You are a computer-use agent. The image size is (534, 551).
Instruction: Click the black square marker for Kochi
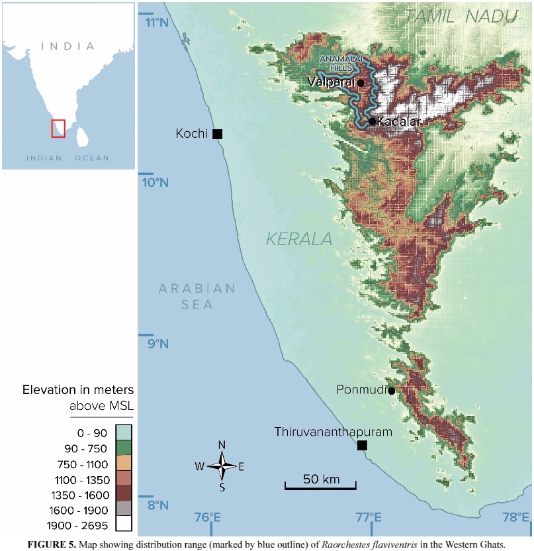[217, 134]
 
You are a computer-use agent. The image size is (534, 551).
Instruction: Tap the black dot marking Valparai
[361, 83]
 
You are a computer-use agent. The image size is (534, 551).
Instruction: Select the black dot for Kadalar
[373, 121]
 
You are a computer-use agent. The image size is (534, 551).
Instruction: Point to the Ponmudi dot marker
[391, 391]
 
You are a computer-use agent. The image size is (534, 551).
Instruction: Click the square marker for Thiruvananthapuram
[362, 445]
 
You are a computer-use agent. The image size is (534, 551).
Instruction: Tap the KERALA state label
[299, 239]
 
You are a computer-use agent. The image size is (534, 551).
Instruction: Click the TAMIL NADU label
[461, 17]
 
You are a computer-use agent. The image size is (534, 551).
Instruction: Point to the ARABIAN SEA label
[197, 296]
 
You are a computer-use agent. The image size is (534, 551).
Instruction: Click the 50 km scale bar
[320, 487]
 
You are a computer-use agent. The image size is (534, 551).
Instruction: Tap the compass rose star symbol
[222, 466]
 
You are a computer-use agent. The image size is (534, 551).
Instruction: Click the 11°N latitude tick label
[157, 23]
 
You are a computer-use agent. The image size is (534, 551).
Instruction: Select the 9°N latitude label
[157, 344]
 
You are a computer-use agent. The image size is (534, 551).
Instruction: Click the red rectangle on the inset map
[58, 128]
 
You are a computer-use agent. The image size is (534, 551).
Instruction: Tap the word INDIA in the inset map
[67, 46]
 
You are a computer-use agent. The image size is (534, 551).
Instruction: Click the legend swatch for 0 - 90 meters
[123, 433]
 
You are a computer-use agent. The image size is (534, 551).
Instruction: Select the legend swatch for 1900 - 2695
[123, 523]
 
